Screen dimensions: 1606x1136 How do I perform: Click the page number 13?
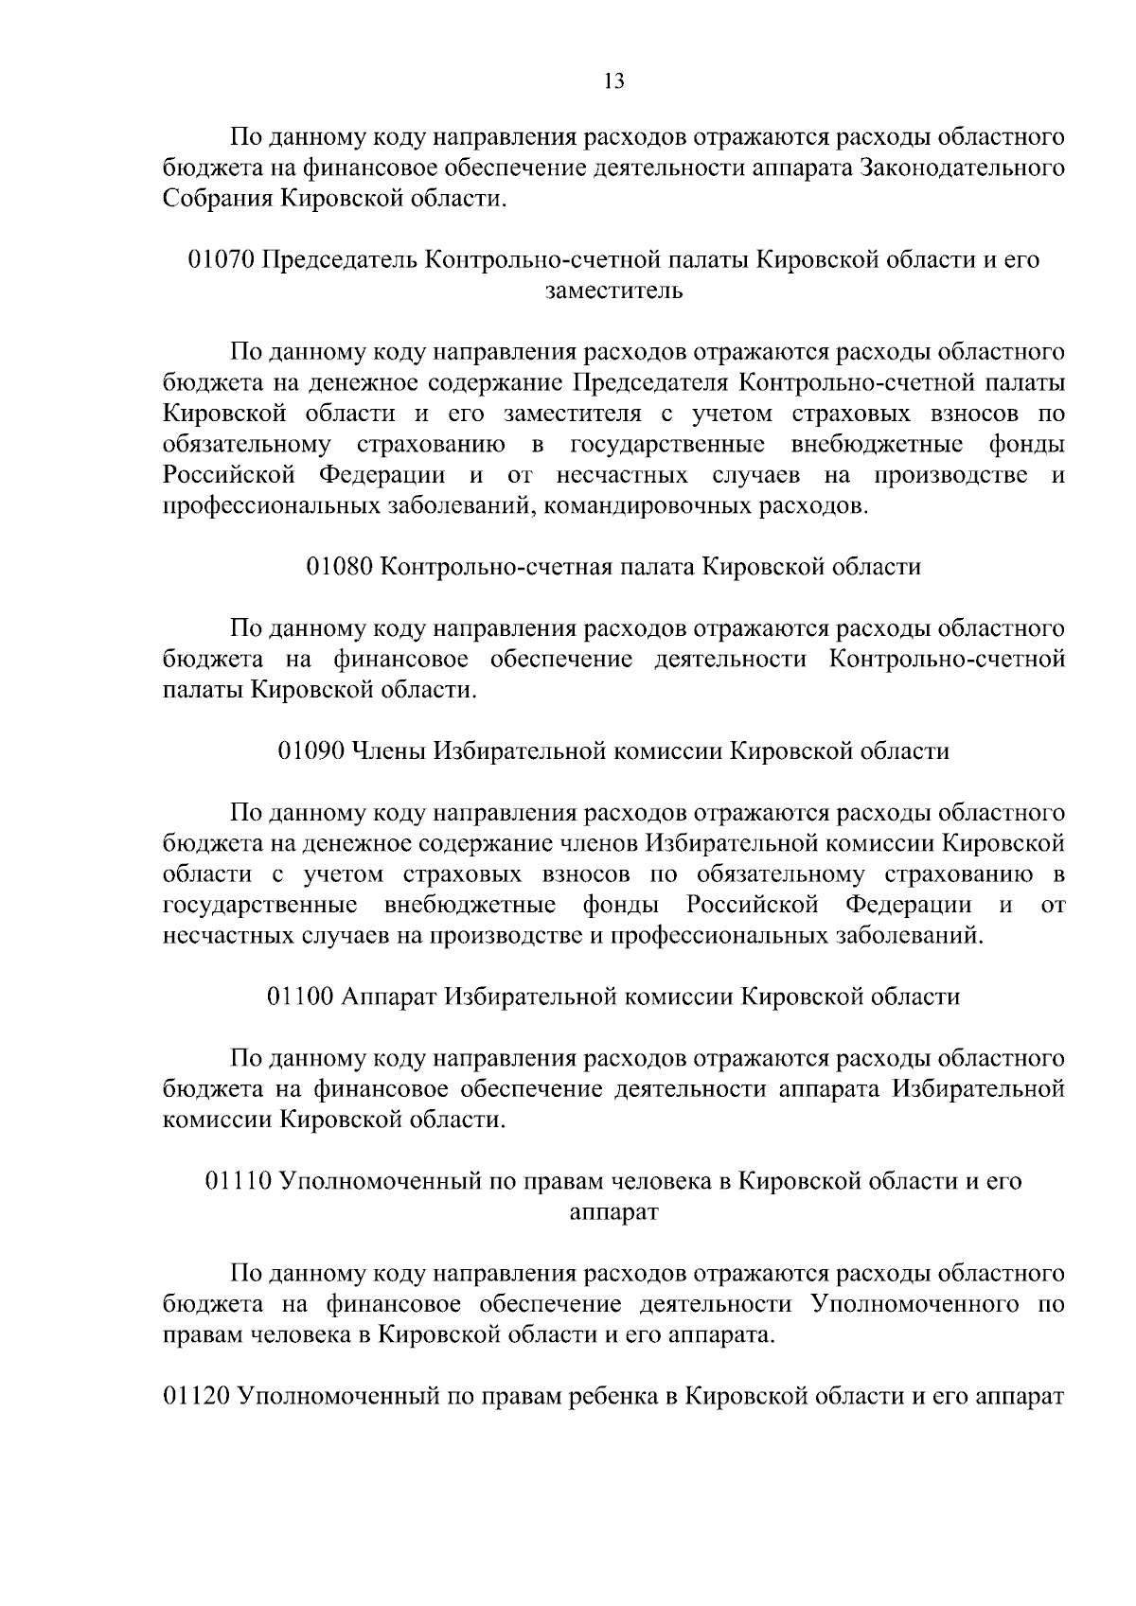click(x=614, y=81)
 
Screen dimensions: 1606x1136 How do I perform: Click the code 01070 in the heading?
click(x=222, y=259)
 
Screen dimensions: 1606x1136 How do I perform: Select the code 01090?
click(x=311, y=751)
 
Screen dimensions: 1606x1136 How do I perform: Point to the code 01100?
click(x=301, y=997)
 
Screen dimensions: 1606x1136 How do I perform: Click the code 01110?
click(x=240, y=1181)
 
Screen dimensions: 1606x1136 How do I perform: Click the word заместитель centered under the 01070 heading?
click(x=614, y=291)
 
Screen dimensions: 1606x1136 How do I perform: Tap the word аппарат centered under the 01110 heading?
click(x=613, y=1211)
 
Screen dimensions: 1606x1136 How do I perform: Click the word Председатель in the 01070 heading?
click(x=340, y=259)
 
